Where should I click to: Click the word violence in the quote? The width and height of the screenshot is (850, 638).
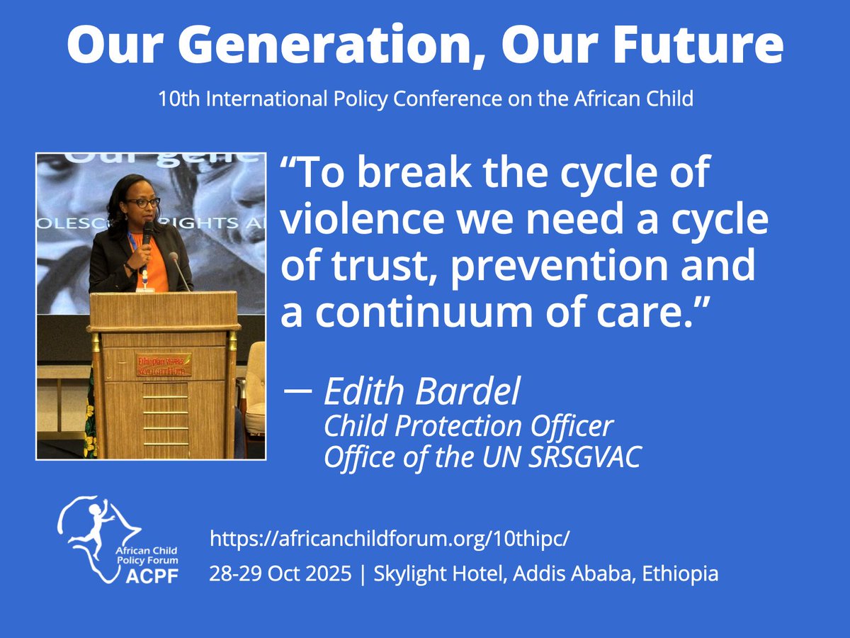(358, 220)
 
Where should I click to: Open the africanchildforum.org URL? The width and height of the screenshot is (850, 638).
(390, 539)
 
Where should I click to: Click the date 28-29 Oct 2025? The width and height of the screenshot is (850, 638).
(280, 573)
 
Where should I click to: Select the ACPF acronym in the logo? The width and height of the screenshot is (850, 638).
(153, 576)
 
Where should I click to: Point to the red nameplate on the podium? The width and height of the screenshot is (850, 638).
(164, 364)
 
